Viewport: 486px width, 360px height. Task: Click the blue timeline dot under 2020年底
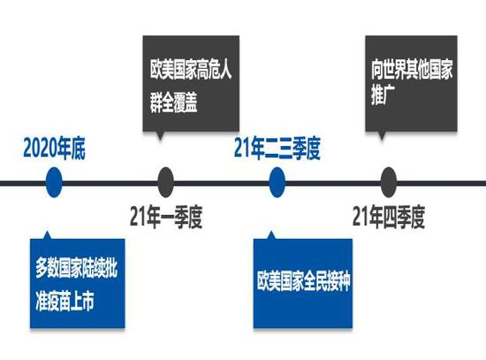[x=54, y=182]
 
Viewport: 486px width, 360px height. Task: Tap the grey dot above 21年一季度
[x=165, y=182]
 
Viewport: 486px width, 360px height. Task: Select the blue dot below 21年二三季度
[x=277, y=182]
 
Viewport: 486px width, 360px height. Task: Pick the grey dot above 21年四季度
[x=389, y=182]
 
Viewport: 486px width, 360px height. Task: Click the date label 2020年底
[x=54, y=149]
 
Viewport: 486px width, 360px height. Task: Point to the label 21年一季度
[x=166, y=217]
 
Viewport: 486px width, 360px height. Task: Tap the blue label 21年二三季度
[x=277, y=149]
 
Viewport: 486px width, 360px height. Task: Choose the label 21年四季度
[x=389, y=217]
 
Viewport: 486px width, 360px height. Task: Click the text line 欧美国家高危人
[x=191, y=69]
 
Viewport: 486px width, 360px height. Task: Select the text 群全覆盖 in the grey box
[x=173, y=102]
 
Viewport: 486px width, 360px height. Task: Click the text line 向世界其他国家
[x=412, y=69]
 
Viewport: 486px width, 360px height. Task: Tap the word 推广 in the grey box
[x=383, y=95]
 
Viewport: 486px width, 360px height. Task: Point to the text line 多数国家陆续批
[x=76, y=268]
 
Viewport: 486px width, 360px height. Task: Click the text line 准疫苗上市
[x=65, y=301]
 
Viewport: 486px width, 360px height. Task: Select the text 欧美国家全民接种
[x=304, y=281]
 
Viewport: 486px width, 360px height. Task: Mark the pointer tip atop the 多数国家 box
[x=47, y=232]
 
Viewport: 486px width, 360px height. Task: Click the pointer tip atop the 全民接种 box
[x=271, y=232]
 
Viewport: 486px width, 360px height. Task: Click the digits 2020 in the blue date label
[x=41, y=149]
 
